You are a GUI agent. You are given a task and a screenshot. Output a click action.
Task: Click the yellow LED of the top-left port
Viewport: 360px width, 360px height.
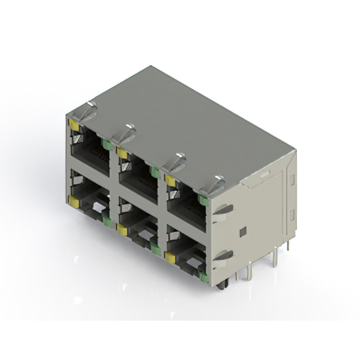74,124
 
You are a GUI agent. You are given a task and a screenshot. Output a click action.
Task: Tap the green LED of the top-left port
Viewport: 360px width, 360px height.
107,145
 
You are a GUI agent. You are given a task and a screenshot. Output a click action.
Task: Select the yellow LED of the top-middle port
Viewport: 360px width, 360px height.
121,152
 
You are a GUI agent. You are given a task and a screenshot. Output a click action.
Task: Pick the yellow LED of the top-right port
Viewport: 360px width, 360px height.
169,179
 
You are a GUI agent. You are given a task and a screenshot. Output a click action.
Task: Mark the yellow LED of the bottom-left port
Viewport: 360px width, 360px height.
73,200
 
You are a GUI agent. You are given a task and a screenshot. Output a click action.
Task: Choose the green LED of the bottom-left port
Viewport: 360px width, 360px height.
107,221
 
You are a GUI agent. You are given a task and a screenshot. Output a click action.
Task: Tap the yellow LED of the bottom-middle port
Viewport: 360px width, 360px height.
121,228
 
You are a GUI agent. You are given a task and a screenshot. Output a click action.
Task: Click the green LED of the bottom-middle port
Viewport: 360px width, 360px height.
154,248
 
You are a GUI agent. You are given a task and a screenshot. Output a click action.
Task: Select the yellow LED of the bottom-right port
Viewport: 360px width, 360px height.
169,256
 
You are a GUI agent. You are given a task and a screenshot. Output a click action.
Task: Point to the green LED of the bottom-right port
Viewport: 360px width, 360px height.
204,276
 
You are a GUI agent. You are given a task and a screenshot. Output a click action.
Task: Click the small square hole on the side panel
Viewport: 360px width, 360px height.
242,232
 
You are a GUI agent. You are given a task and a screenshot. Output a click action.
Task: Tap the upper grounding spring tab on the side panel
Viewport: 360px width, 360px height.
223,210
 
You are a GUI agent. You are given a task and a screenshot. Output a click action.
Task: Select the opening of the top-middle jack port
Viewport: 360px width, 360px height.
138,180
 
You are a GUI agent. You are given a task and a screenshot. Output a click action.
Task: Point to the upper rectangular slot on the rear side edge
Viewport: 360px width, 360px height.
291,179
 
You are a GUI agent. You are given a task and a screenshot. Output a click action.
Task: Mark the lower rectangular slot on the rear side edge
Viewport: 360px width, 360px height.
291,214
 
